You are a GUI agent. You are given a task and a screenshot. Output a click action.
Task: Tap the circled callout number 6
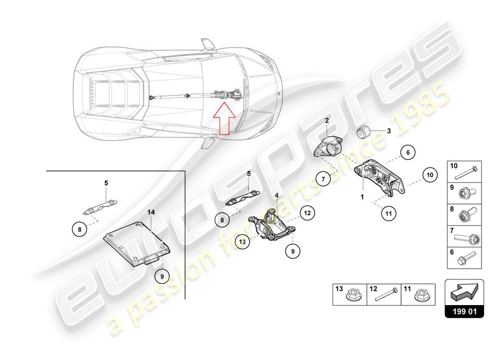pos(407,153)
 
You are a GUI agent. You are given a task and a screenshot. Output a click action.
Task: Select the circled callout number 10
pos(430,175)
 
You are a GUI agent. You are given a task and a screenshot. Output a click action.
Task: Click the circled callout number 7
pos(323,179)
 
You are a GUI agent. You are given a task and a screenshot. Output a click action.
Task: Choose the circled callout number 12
pos(307,215)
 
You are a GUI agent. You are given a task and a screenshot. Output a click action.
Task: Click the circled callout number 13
pos(243,242)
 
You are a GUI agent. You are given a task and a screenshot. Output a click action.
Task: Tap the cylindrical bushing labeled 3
pos(363,133)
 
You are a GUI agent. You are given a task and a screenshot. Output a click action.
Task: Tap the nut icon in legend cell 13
pos(352,296)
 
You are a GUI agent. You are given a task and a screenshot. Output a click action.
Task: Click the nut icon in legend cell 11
pos(423,296)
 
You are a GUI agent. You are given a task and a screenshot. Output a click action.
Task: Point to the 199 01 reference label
pos(464,310)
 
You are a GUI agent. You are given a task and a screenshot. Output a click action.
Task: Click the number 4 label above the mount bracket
pos(277,195)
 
